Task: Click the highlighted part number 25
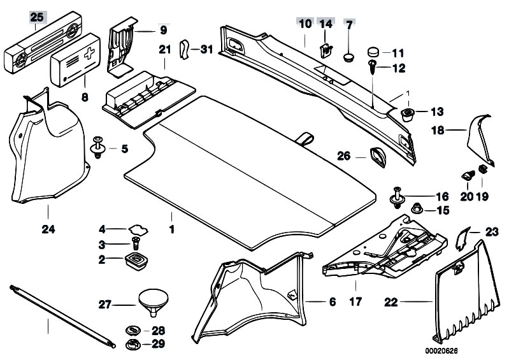coord(36,17)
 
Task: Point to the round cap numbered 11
coord(375,52)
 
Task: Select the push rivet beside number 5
coord(99,147)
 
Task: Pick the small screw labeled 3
coord(135,243)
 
